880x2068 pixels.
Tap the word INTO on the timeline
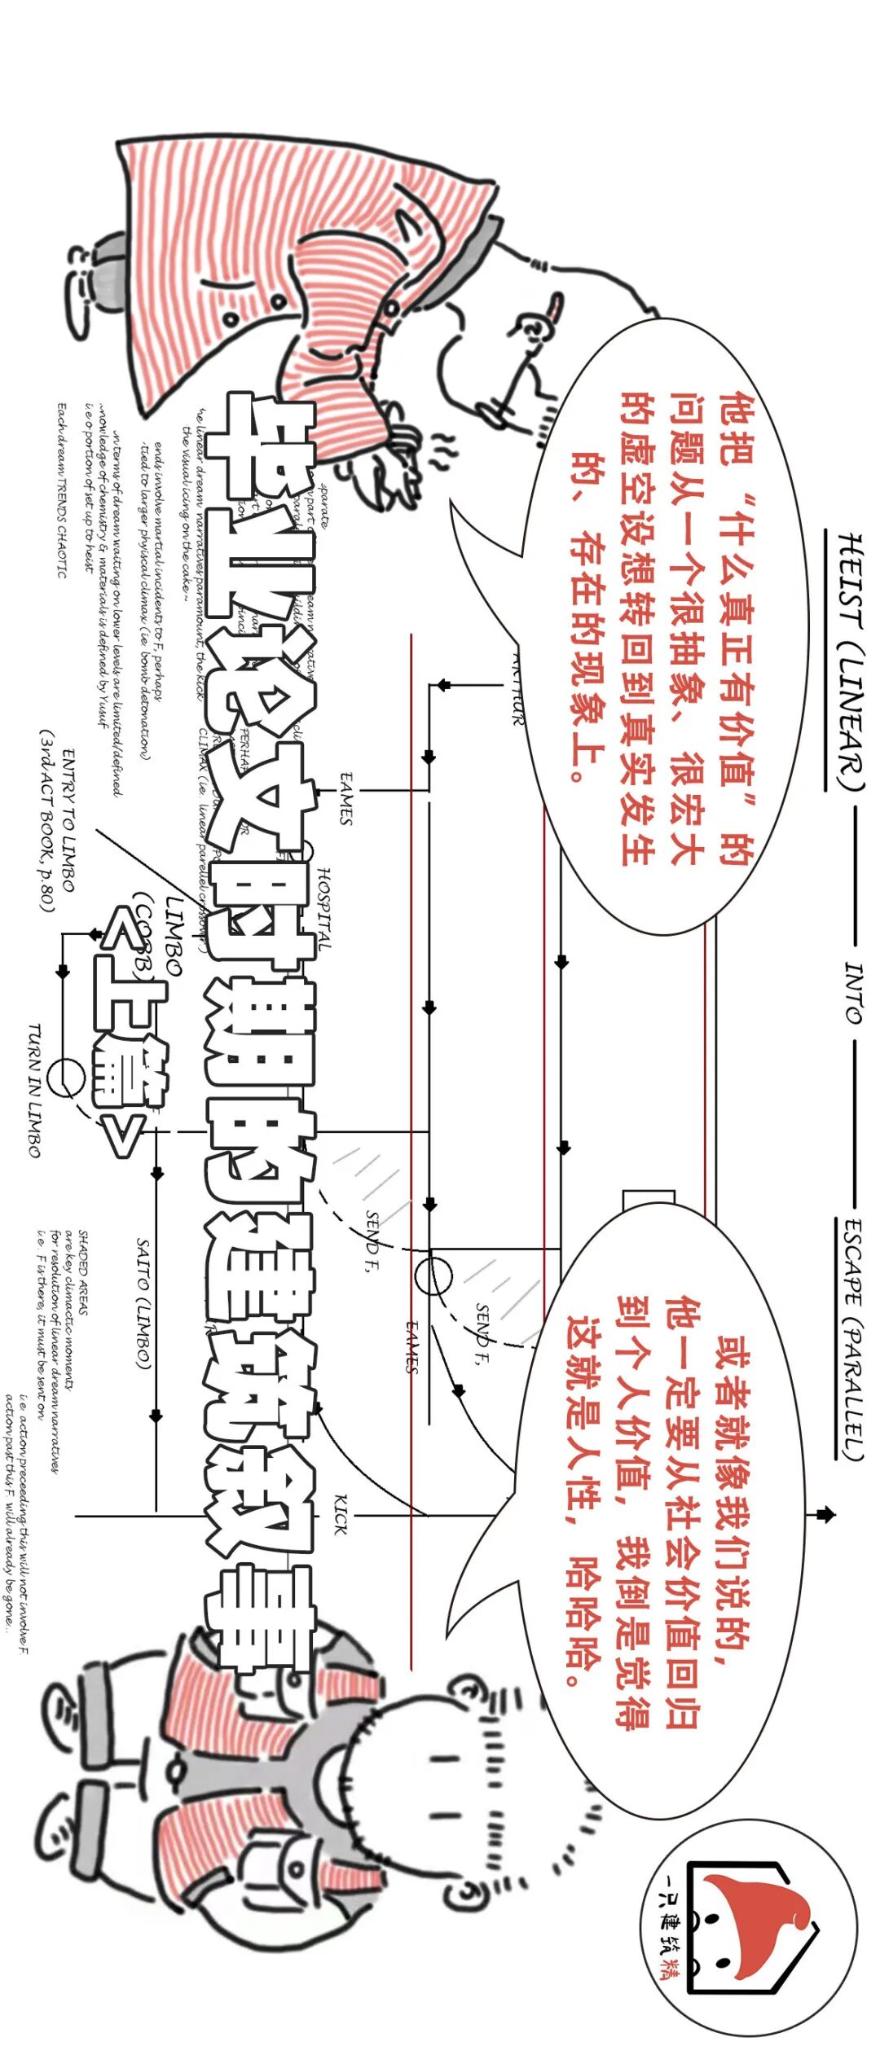[x=852, y=991]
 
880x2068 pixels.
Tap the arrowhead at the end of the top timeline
[x=826, y=1515]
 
